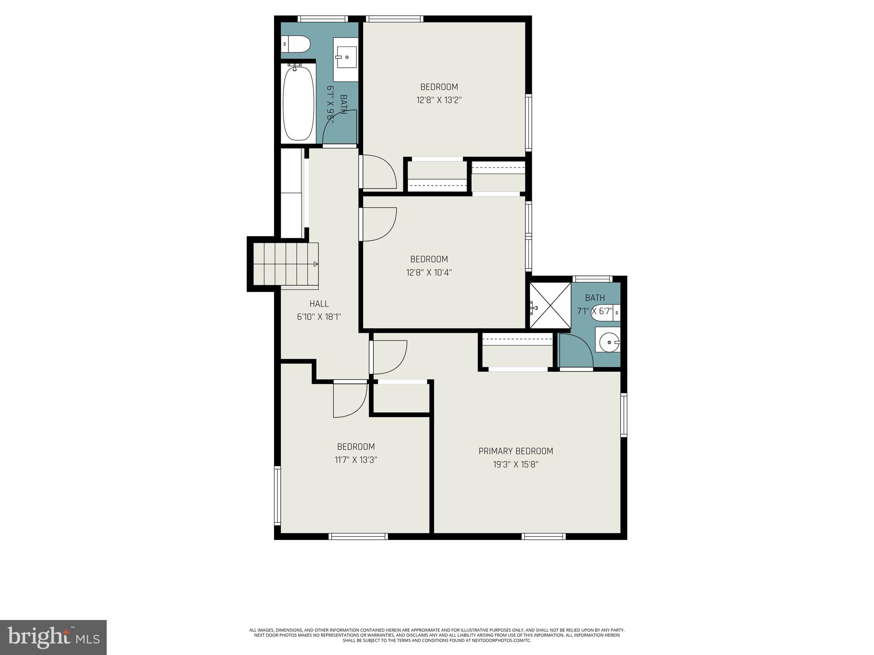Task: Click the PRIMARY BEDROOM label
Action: pyautogui.click(x=516, y=451)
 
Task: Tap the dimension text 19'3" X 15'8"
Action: pyautogui.click(x=516, y=464)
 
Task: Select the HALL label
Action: pyautogui.click(x=319, y=304)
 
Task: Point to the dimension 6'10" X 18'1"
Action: pyautogui.click(x=319, y=317)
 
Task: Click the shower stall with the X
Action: pyautogui.click(x=550, y=305)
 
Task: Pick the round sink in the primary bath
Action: pyautogui.click(x=608, y=342)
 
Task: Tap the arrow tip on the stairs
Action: pyautogui.click(x=316, y=264)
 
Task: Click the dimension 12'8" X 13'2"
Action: pyautogui.click(x=439, y=100)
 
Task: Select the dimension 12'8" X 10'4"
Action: pyautogui.click(x=429, y=272)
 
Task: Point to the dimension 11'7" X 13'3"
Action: pyautogui.click(x=355, y=460)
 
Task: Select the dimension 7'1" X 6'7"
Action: pyautogui.click(x=594, y=311)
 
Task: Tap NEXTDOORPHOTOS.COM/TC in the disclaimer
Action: pyautogui.click(x=505, y=652)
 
